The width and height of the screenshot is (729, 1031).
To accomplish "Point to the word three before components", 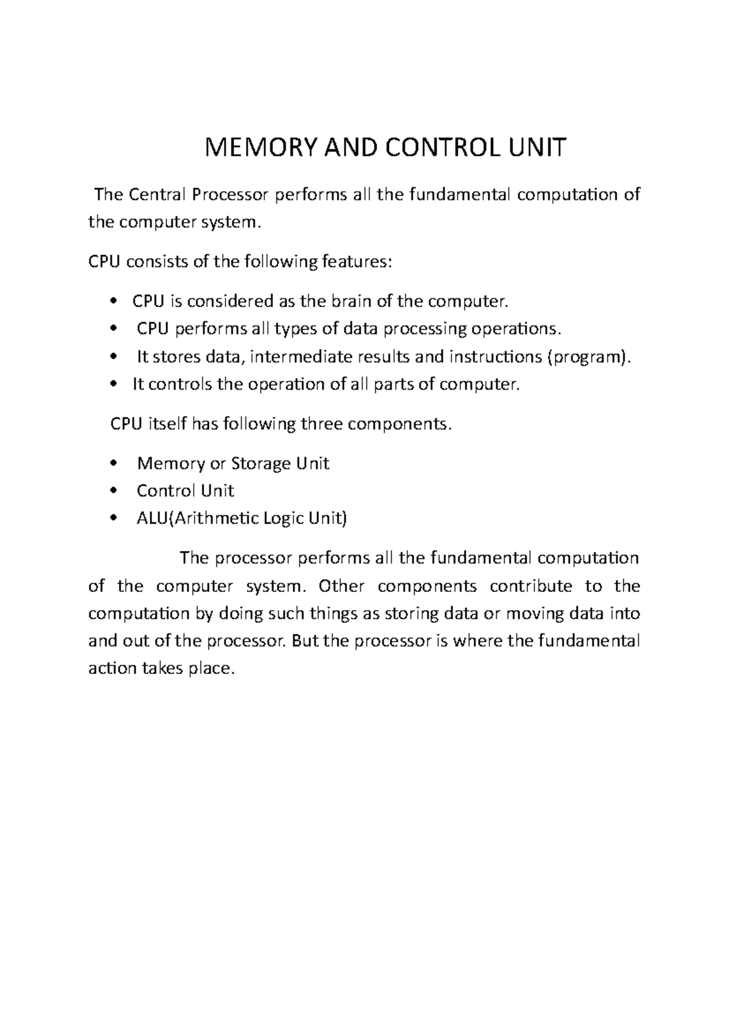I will click(x=321, y=424).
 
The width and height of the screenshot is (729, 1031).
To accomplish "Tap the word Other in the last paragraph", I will click(x=341, y=587).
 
